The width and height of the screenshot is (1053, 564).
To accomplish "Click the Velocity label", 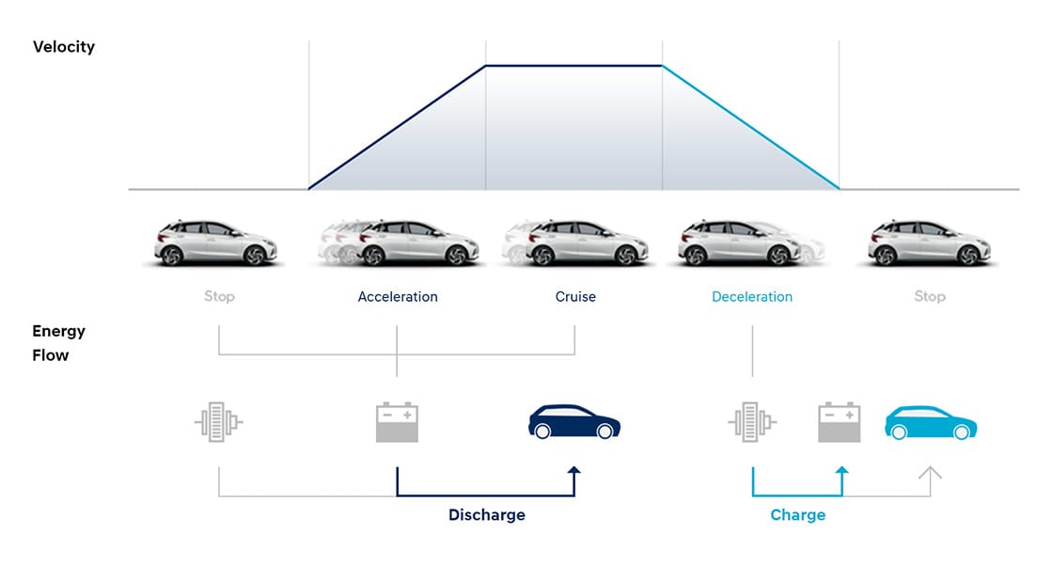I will [64, 46].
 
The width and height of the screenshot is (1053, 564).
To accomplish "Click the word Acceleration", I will [398, 297].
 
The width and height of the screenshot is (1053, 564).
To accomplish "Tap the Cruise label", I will [575, 297].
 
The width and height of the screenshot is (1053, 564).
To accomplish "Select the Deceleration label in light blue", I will [752, 297].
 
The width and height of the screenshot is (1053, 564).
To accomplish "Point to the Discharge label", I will [487, 515].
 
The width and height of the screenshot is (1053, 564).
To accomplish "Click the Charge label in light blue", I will [797, 515].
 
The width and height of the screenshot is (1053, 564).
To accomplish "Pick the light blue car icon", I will [931, 422].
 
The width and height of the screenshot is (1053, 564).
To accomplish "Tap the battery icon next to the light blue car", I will [840, 422].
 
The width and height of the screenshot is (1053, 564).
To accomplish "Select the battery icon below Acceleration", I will [397, 422].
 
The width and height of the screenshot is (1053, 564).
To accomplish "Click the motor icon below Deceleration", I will [752, 422].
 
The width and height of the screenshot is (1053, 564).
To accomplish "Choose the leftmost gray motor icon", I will [219, 422].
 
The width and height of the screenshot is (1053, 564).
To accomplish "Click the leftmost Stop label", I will [219, 297].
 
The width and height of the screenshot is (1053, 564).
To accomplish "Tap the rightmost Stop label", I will [930, 297].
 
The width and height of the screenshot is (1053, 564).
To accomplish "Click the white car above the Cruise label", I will [574, 243].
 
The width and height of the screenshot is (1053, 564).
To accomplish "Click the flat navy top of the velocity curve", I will [574, 66].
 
